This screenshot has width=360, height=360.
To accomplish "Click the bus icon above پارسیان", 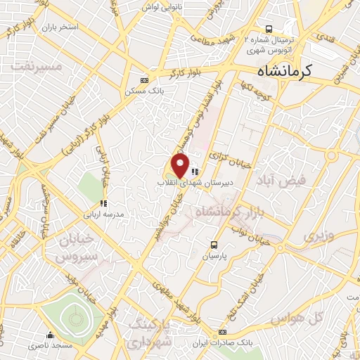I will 214,245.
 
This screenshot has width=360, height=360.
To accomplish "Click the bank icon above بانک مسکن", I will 145,80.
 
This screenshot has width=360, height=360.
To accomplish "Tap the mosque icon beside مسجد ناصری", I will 50,335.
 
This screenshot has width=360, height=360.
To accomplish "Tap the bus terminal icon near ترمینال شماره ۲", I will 267,22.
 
